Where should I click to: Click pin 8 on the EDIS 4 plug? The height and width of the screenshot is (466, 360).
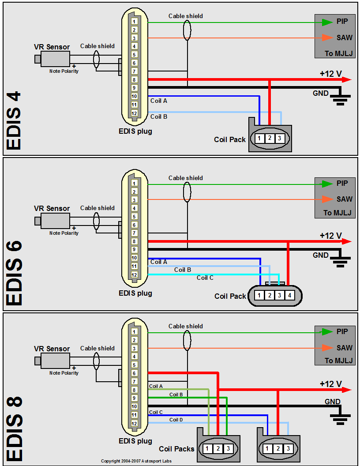pos(134,80)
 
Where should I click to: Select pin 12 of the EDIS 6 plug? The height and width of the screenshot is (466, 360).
pos(134,275)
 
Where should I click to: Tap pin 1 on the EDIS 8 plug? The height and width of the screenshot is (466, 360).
pos(134,331)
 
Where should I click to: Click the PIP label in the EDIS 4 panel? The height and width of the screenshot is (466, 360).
pos(342,21)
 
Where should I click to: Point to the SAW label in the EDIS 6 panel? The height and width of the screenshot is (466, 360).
pos(345,199)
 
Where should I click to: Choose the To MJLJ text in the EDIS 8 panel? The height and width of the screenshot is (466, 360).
pos(339,361)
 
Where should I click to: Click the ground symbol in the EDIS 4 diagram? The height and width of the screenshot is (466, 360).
pos(339,99)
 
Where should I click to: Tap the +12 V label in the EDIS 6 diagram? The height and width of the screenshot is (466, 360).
pos(331,236)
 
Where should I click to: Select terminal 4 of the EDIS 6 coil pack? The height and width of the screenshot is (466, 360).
pos(289,296)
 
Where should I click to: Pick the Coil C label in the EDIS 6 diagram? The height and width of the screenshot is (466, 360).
pos(205,278)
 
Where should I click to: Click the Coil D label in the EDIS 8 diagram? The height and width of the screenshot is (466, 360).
pos(176,420)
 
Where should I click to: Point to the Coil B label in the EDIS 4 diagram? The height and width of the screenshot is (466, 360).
pos(159,117)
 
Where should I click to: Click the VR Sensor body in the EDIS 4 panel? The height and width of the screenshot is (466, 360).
pos(55,59)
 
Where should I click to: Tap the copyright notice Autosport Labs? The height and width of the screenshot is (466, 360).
pos(142,461)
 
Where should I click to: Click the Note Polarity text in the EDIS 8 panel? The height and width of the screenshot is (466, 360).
pos(64,373)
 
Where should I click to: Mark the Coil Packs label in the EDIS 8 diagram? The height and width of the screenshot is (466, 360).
pos(177,449)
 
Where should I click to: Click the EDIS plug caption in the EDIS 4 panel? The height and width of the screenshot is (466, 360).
pos(135,131)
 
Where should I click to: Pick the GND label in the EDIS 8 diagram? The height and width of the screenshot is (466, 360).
pos(333,402)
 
